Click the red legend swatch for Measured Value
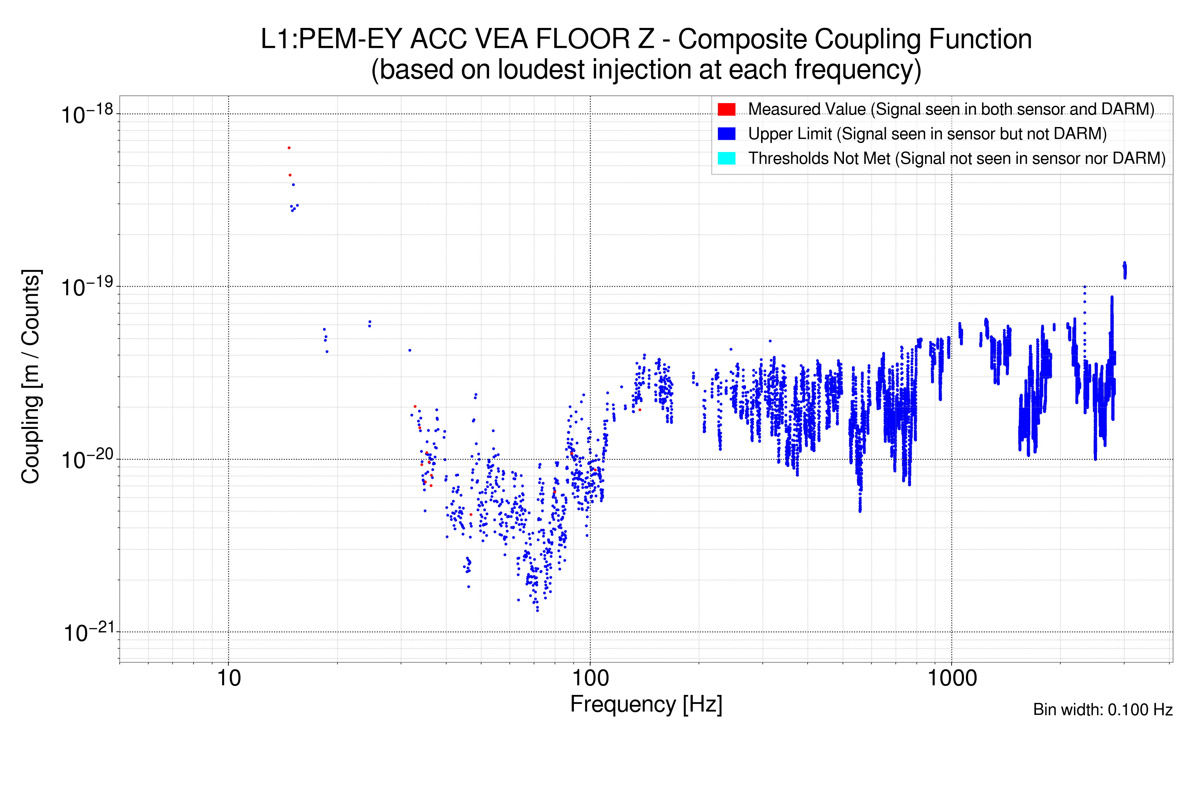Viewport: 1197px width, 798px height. (x=726, y=109)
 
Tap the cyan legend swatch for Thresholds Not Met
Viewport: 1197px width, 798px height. (x=726, y=158)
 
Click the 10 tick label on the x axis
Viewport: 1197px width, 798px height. (x=228, y=678)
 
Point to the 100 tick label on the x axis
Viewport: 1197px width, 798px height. (x=591, y=678)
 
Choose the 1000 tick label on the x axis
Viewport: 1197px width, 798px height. (x=952, y=678)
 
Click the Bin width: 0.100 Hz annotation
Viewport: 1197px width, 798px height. (x=1102, y=710)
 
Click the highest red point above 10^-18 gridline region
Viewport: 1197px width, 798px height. (x=289, y=148)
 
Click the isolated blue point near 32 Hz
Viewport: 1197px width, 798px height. (x=410, y=350)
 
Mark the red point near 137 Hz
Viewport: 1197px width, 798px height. (x=640, y=410)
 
